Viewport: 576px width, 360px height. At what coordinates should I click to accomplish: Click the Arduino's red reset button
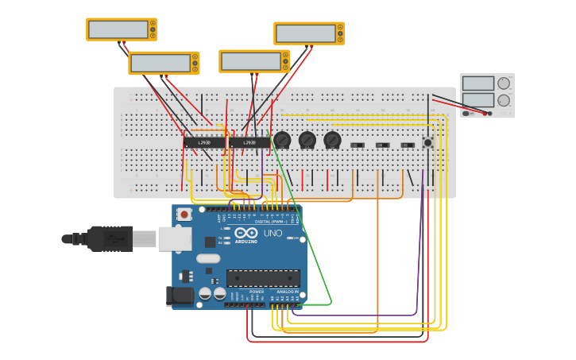click(x=184, y=214)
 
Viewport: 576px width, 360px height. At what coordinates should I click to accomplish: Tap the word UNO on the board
click(x=273, y=233)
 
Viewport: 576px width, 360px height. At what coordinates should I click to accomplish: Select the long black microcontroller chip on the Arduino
click(x=263, y=278)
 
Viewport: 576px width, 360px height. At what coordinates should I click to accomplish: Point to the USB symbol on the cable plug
click(x=118, y=238)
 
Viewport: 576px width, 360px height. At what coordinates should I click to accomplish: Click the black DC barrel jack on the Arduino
click(x=180, y=296)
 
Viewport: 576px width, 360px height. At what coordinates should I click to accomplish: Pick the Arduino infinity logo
click(x=245, y=233)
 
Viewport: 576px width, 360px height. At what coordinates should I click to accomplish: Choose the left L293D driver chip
click(x=204, y=142)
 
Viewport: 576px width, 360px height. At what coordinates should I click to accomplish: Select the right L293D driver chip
click(x=249, y=142)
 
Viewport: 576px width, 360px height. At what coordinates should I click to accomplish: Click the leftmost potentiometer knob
click(x=282, y=140)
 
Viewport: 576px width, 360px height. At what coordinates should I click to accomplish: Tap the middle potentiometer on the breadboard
click(x=307, y=140)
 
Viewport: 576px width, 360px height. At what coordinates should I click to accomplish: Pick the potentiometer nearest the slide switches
click(x=332, y=140)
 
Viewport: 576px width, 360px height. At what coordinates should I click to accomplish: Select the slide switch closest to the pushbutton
click(x=408, y=145)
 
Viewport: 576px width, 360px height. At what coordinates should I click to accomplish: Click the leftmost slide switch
click(x=358, y=145)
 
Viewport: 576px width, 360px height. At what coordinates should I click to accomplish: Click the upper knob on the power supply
click(x=504, y=83)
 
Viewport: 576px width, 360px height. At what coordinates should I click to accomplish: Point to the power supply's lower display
click(x=477, y=100)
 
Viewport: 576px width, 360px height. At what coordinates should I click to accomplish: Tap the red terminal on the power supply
click(x=489, y=114)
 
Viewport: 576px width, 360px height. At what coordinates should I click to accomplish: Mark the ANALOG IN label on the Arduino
click(x=286, y=292)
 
